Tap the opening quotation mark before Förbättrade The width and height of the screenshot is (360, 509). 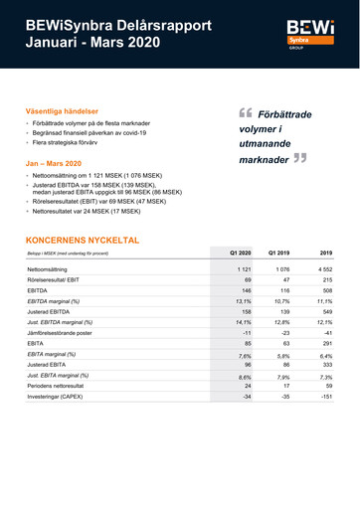[x=244, y=112]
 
